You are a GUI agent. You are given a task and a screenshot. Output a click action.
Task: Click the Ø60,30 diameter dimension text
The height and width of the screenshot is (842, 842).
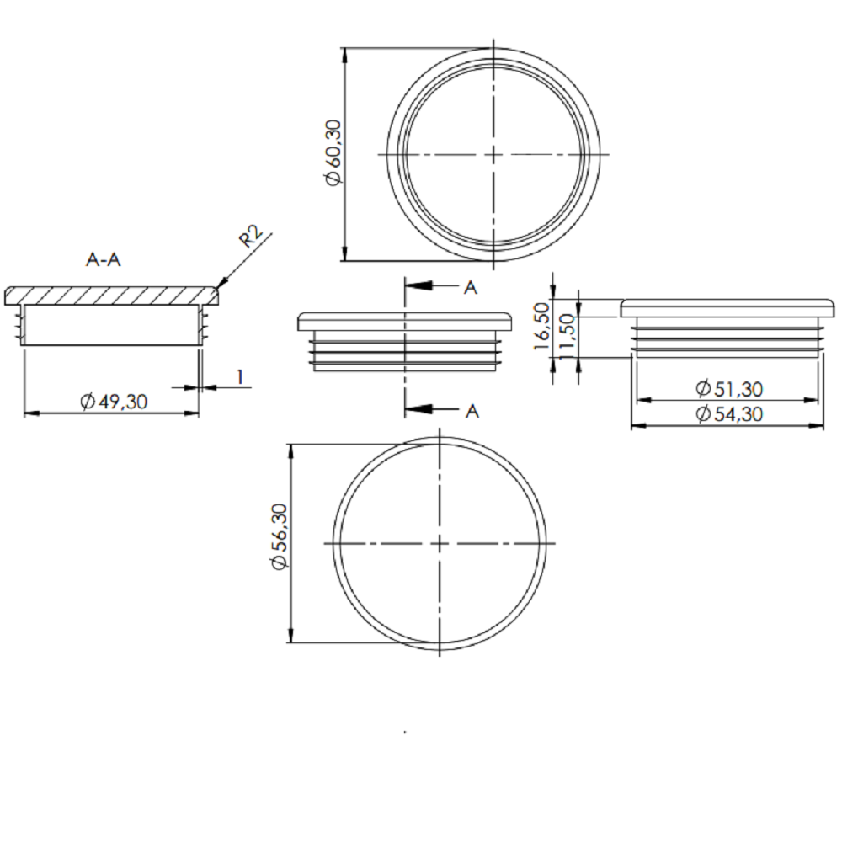pyautogui.click(x=333, y=152)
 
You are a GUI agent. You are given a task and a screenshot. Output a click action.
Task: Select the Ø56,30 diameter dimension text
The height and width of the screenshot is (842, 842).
pyautogui.click(x=280, y=536)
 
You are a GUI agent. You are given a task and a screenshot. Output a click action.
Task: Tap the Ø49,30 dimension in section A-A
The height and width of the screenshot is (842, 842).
pyautogui.click(x=114, y=401)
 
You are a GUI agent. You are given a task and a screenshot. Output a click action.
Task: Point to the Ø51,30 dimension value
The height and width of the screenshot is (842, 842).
pyautogui.click(x=728, y=388)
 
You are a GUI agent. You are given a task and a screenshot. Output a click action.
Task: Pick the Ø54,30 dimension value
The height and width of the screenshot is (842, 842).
pyautogui.click(x=728, y=413)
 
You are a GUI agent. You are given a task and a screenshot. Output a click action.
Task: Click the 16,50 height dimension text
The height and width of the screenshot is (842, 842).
pyautogui.click(x=541, y=326)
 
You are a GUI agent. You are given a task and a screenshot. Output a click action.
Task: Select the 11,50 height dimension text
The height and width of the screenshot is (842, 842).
pyautogui.click(x=567, y=338)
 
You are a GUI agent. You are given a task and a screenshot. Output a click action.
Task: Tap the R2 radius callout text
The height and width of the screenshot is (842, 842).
pyautogui.click(x=251, y=237)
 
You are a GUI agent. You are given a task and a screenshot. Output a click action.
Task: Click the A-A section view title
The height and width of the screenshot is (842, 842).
pyautogui.click(x=103, y=260)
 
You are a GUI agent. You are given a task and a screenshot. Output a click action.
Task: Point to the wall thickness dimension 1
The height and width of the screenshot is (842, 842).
pyautogui.click(x=240, y=377)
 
